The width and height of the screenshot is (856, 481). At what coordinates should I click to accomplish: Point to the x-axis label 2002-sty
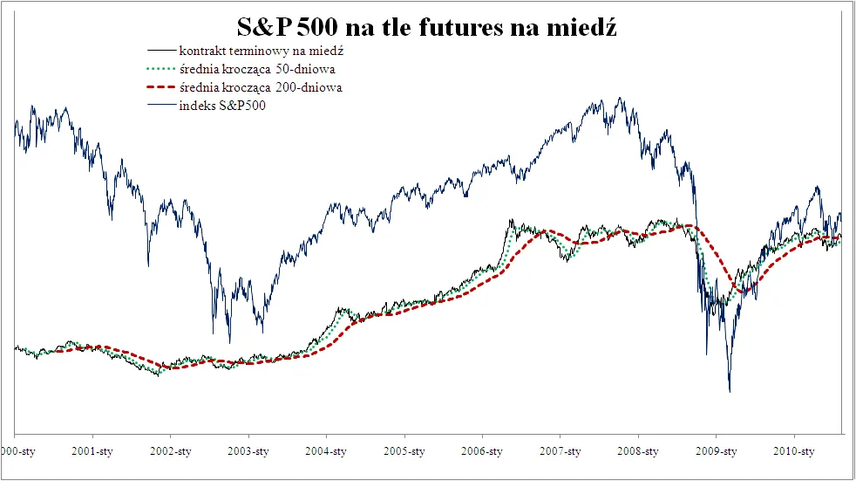click(170, 451)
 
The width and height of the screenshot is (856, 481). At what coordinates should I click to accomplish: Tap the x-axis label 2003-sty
click(248, 451)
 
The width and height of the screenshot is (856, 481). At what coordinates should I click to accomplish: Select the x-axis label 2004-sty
click(326, 451)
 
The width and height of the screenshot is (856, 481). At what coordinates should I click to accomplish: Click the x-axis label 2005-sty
click(404, 451)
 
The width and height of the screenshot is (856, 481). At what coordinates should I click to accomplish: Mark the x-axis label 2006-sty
click(482, 451)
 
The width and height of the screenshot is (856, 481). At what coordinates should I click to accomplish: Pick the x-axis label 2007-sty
click(560, 451)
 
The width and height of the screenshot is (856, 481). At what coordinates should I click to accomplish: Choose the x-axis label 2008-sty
click(638, 451)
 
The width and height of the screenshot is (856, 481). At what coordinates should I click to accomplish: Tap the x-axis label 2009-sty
click(717, 451)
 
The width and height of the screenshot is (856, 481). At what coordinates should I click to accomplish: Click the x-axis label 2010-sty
click(794, 451)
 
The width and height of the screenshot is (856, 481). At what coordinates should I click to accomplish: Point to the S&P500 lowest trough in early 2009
click(729, 391)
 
